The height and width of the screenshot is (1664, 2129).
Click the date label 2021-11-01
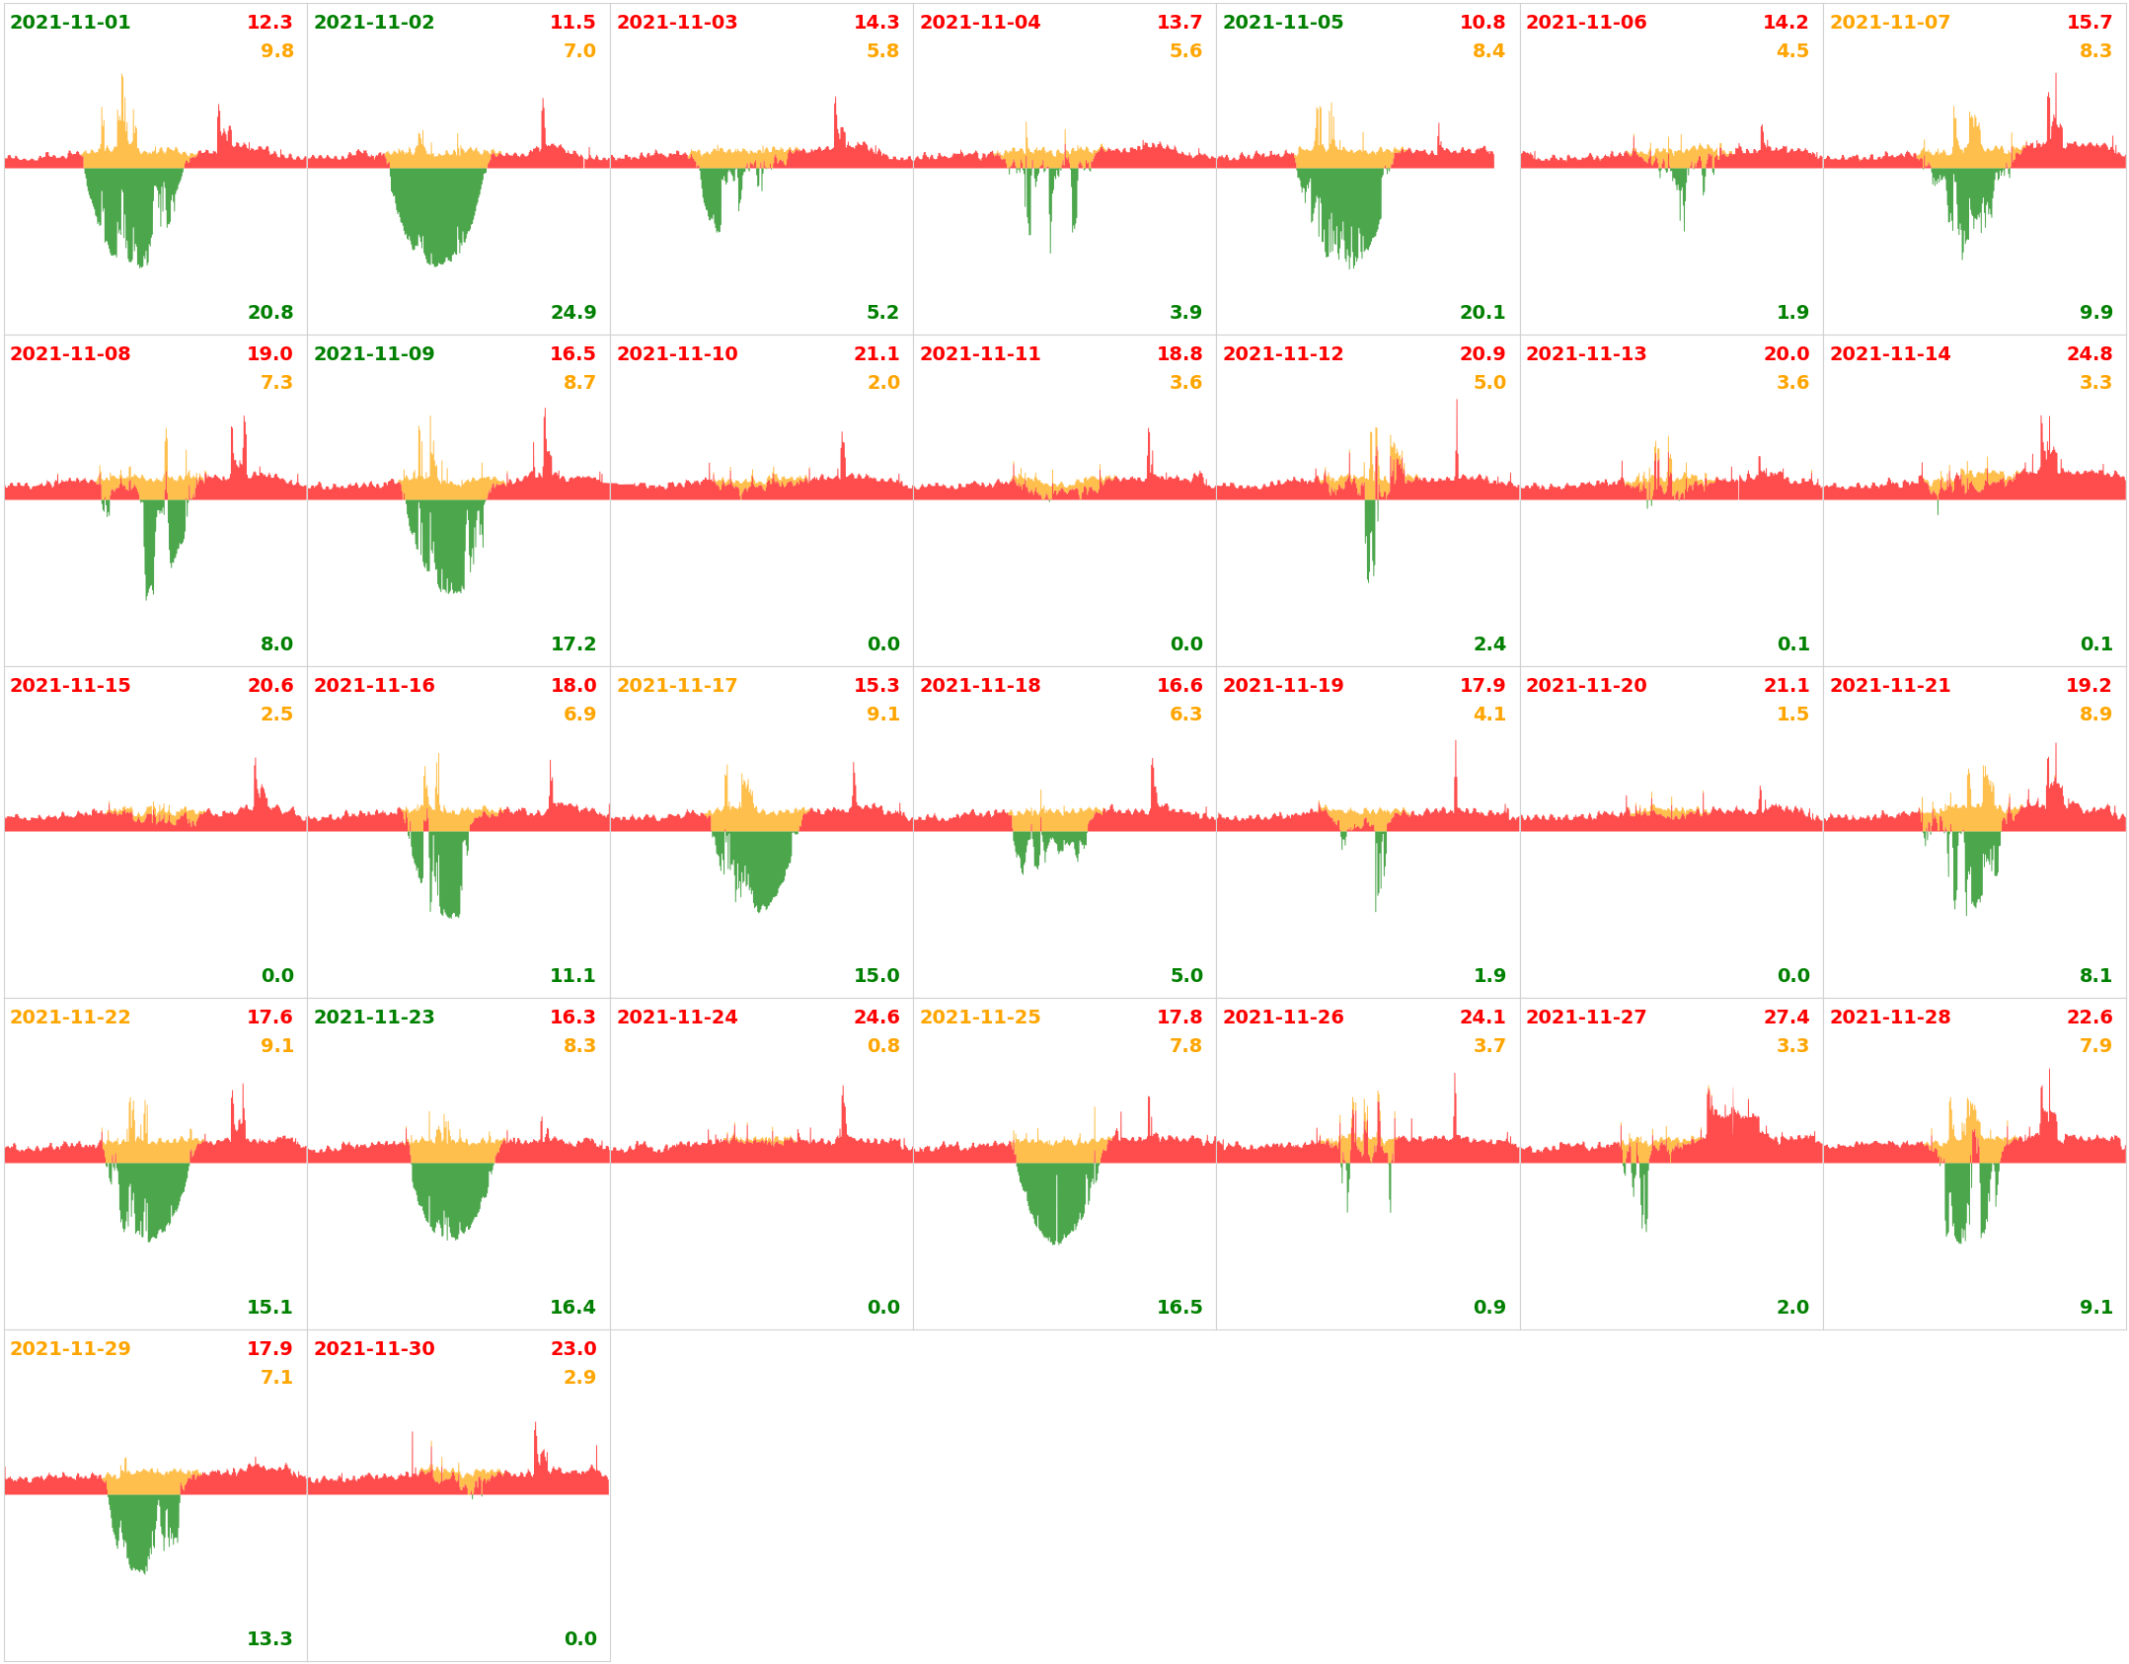point(70,23)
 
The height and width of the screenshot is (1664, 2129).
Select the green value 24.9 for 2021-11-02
point(573,313)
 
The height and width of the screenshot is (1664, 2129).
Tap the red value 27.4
point(1786,1018)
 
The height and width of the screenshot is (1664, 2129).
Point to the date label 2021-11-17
point(677,686)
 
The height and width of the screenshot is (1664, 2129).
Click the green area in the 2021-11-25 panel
point(1054,1199)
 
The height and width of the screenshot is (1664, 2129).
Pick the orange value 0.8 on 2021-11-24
point(883,1046)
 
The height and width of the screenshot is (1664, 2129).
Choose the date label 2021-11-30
point(374,1349)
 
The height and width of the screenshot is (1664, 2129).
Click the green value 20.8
point(270,313)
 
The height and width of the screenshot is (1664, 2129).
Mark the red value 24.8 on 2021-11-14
point(2090,354)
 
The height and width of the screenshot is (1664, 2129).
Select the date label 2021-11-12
point(1283,354)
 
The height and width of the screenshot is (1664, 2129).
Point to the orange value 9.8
point(277,51)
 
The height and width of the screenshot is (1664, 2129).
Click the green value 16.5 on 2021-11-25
point(1179,1308)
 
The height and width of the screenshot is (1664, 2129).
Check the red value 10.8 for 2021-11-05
point(1483,23)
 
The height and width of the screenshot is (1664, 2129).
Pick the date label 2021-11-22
point(70,1018)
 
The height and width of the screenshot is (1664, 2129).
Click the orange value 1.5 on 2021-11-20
point(1792,715)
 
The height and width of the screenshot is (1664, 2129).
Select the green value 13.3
point(270,1639)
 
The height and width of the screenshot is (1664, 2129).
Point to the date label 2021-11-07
point(1890,23)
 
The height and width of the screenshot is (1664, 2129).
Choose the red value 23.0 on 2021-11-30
point(573,1349)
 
